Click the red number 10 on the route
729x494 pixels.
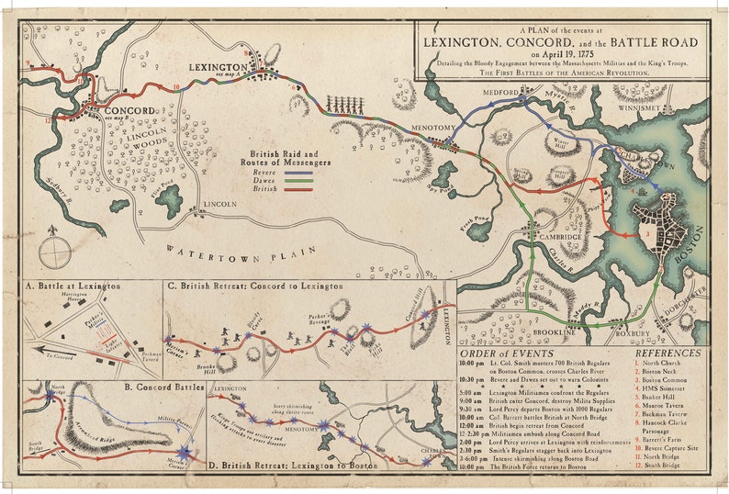[x=175, y=87]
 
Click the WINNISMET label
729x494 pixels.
[x=639, y=107]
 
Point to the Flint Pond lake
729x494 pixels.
[x=169, y=200]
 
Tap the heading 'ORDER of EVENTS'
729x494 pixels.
[x=507, y=353]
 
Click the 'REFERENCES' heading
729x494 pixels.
[x=667, y=353]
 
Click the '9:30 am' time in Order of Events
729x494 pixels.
[x=474, y=412]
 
